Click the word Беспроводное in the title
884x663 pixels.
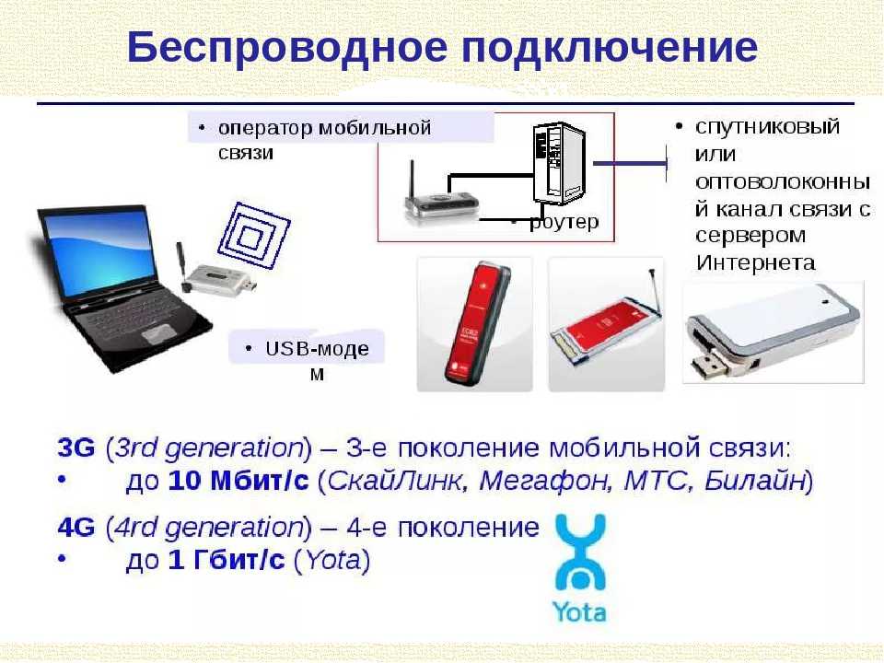[x=287, y=48]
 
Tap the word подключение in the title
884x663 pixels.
[x=610, y=49]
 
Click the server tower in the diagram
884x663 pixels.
[x=558, y=163]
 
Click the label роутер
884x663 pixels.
[x=564, y=222]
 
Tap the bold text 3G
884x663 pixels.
[x=76, y=448]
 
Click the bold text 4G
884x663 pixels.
[x=76, y=527]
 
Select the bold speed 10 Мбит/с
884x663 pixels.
[x=238, y=481]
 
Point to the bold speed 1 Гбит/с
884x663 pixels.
[x=227, y=560]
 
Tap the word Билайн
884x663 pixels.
[x=754, y=481]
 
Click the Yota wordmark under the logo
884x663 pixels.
[x=579, y=612]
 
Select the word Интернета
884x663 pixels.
[x=755, y=262]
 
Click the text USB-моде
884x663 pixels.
[x=317, y=349]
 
